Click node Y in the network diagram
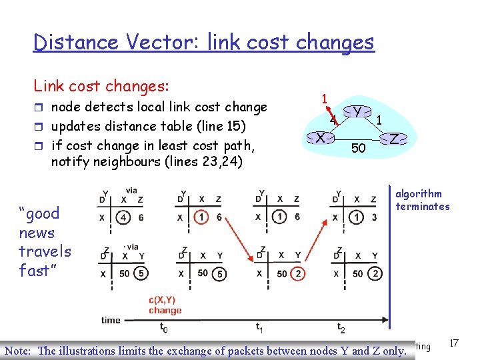coord(358,111)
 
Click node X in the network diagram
coord(321,138)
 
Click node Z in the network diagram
coord(395,139)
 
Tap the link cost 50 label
coord(358,148)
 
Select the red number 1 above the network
coord(324,97)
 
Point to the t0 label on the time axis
coord(163,327)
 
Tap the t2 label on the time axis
coord(341,327)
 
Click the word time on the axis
coord(111,320)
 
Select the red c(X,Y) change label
coord(165,305)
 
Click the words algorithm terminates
coord(422,200)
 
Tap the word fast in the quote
coord(34,271)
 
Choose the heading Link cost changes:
coord(101,86)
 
